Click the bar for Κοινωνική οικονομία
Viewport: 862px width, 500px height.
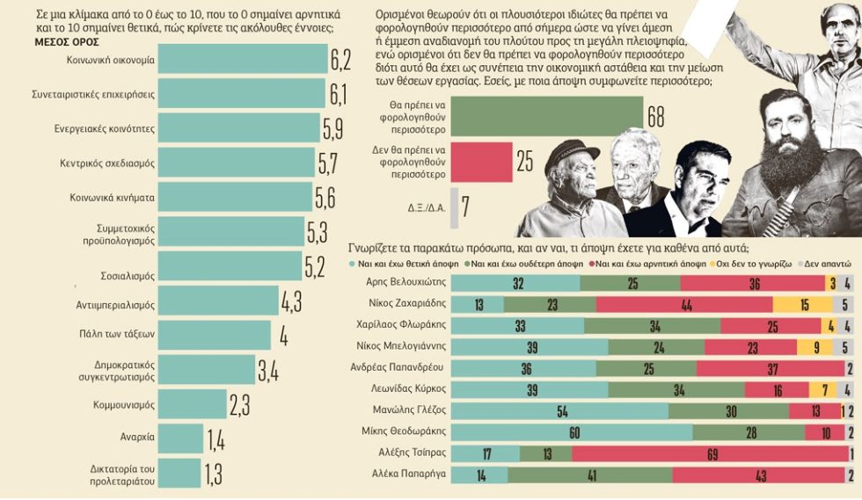(243, 59)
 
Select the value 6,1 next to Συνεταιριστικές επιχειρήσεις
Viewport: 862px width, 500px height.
(338, 94)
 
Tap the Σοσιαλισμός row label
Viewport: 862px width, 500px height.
(128, 276)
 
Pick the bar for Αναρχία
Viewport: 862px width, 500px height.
(180, 438)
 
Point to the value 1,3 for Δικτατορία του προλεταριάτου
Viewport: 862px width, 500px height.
(214, 475)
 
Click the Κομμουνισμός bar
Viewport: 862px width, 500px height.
(193, 404)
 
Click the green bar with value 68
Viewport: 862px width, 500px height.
(547, 117)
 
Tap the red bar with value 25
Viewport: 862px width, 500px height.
(482, 162)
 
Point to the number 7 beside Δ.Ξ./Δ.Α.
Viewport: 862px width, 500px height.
(465, 207)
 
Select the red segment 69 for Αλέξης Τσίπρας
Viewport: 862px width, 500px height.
(711, 453)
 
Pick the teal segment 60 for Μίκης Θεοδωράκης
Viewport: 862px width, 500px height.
(572, 432)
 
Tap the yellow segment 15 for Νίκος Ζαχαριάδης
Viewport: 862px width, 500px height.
(803, 304)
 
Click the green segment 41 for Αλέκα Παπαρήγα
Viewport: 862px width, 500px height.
(590, 475)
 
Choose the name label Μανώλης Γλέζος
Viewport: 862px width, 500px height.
(409, 409)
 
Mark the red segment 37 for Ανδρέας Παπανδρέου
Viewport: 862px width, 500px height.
(771, 368)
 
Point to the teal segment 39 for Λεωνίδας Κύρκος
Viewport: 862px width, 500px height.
(530, 389)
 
